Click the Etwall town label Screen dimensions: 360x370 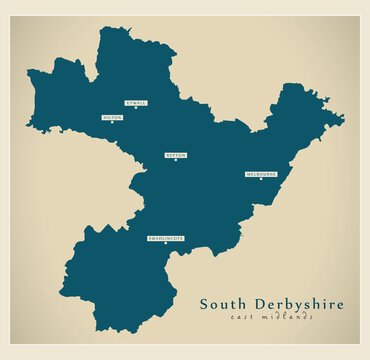[136, 102]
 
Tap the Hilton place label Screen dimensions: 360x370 [112, 117]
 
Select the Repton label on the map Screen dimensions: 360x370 [176, 155]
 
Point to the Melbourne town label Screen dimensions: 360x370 [260, 174]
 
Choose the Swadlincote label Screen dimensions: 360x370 [166, 238]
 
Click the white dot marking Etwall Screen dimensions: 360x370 [136, 108]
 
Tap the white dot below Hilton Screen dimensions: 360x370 [112, 123]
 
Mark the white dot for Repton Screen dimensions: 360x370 [176, 161]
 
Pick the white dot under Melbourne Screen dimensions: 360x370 [260, 180]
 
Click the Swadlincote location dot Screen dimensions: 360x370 [166, 244]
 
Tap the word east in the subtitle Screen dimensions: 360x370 [243, 318]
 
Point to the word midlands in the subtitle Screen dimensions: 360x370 [289, 318]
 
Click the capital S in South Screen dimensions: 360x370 [205, 304]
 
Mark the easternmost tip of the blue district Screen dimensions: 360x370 [344, 120]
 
